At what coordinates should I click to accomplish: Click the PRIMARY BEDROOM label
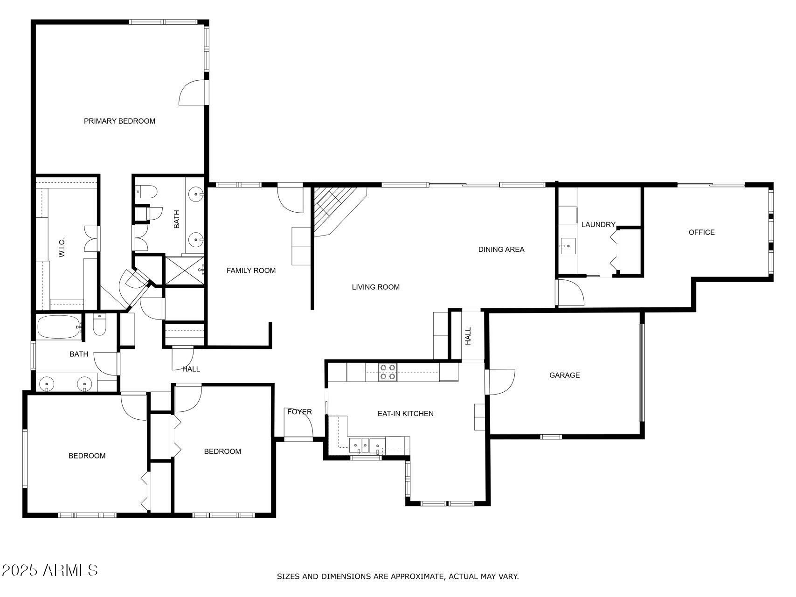(119, 121)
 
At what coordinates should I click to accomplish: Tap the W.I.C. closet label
(62, 247)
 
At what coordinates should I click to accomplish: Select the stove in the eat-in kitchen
(388, 372)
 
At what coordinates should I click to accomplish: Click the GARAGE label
(564, 375)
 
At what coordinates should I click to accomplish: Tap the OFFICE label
(701, 232)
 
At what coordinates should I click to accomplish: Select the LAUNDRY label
(598, 225)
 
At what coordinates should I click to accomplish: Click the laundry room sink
(568, 245)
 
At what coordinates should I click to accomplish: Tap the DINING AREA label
(501, 250)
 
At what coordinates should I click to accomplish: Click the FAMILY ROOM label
(251, 271)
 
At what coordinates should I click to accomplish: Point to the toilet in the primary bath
(147, 192)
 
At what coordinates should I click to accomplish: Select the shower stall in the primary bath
(184, 271)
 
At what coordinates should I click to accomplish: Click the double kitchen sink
(367, 445)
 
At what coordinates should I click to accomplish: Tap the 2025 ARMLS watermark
(49, 570)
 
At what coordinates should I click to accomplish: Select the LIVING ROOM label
(375, 287)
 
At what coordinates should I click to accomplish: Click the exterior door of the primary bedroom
(193, 92)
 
